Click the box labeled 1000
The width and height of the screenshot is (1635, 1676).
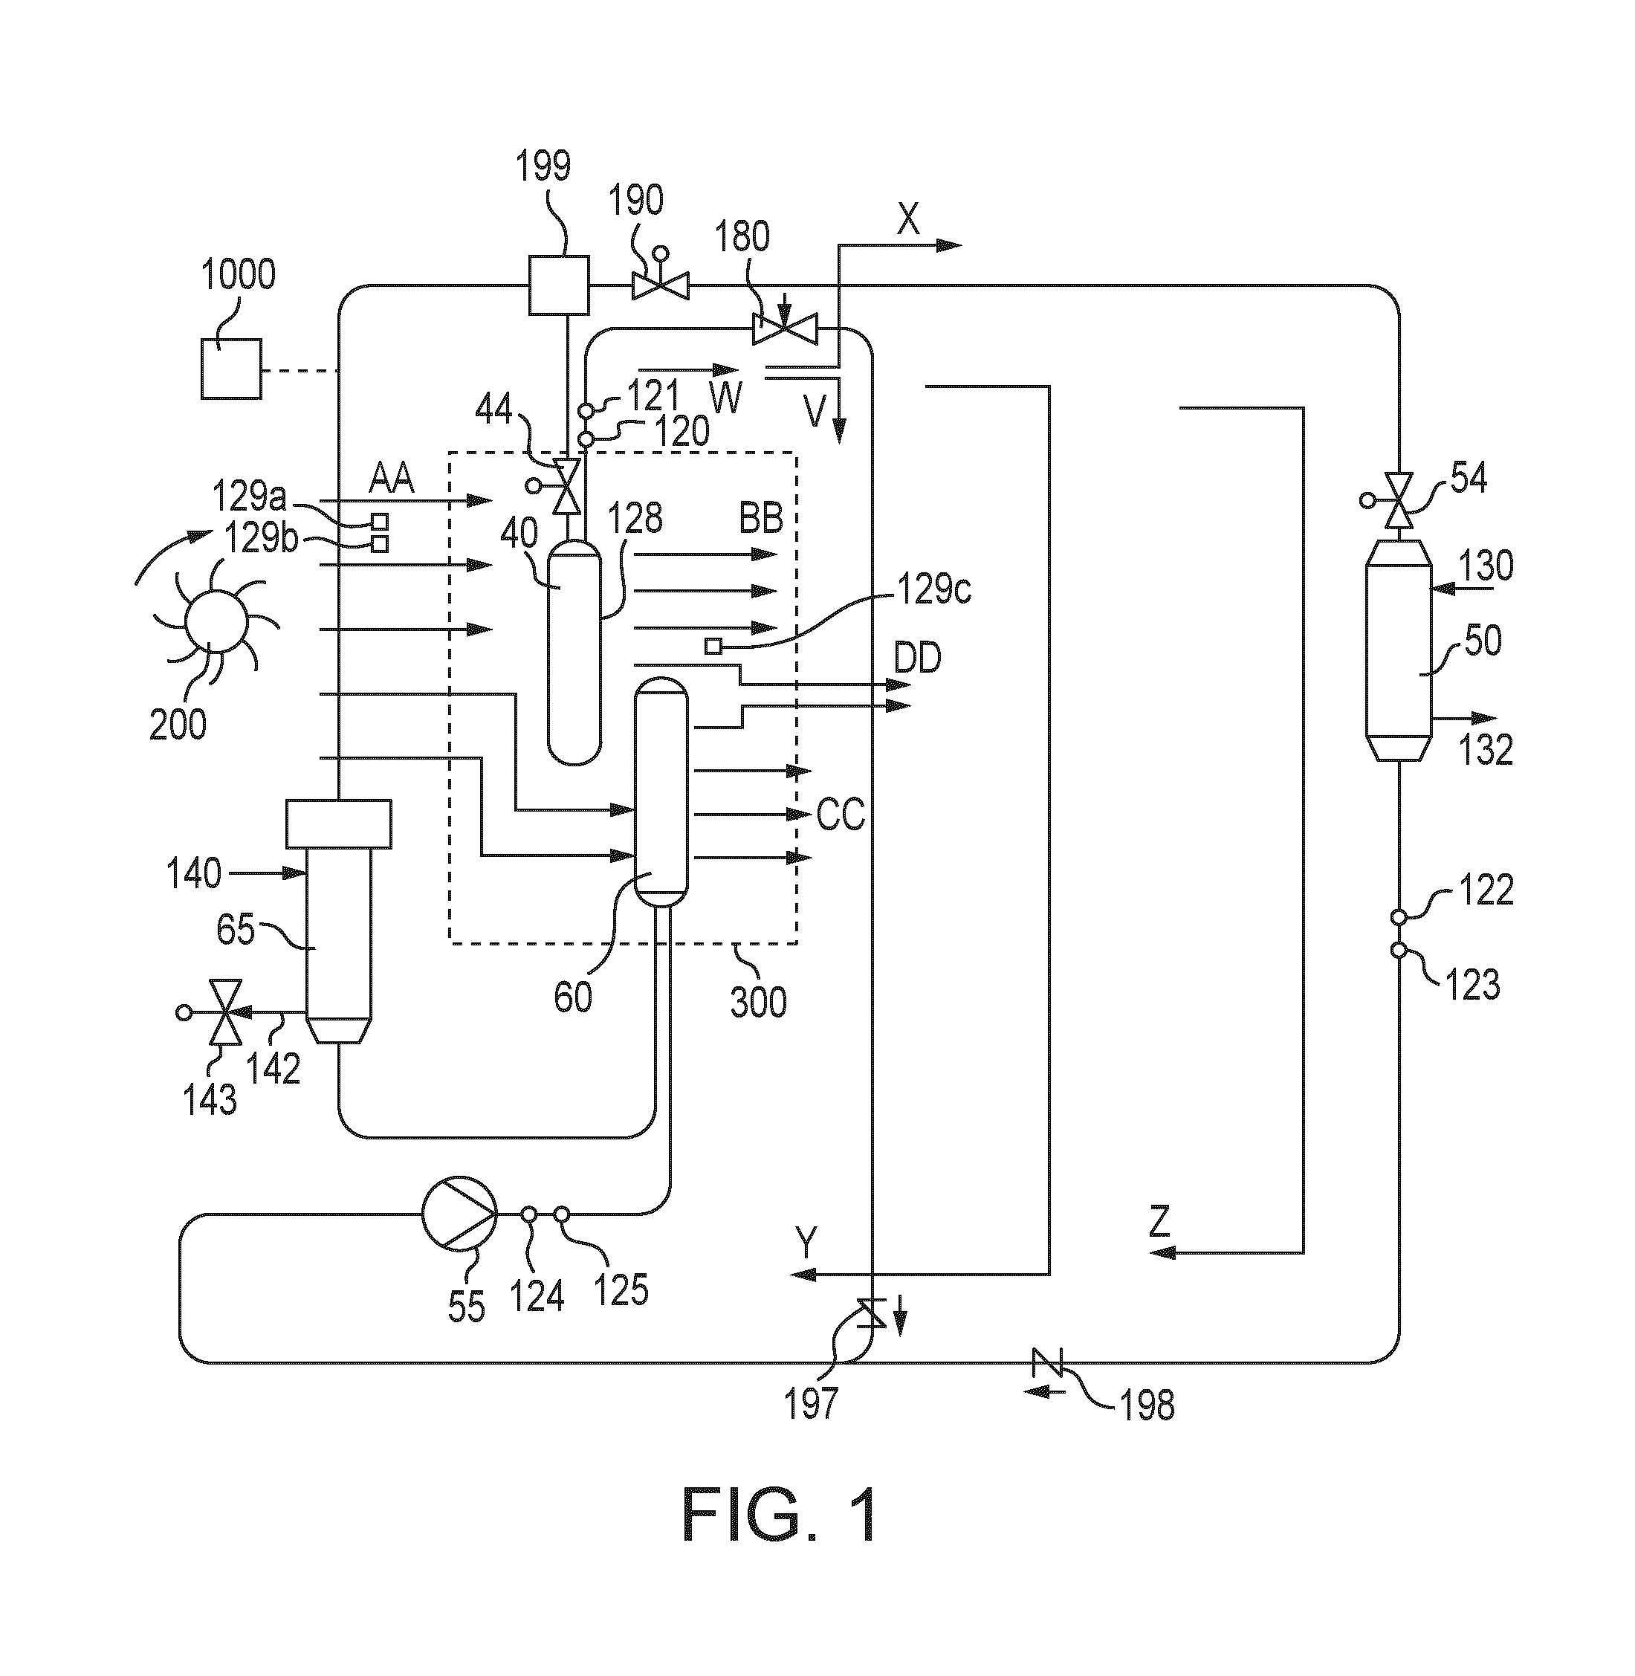coord(231,369)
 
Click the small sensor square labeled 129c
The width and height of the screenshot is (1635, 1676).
coord(713,647)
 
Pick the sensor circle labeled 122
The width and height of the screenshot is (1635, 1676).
coord(1399,917)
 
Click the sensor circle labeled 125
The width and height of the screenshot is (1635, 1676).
coord(561,1214)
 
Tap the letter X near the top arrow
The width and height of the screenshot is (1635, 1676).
coord(907,221)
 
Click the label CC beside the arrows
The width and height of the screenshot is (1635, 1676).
coord(841,815)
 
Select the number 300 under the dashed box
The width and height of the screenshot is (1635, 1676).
coord(758,1002)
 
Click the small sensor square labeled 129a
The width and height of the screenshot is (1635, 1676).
coord(380,521)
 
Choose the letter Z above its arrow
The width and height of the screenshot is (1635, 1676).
coord(1160,1221)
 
